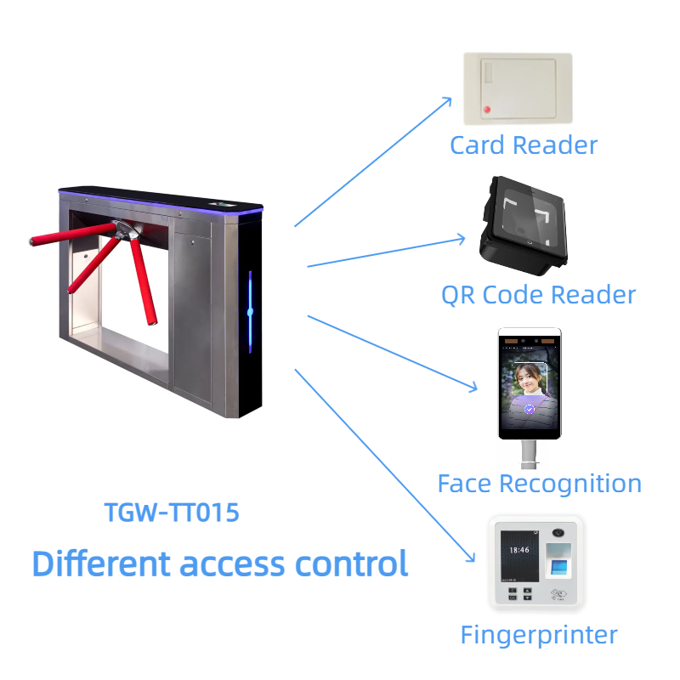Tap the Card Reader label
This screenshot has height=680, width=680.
(x=523, y=145)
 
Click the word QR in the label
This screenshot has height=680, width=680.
(x=458, y=295)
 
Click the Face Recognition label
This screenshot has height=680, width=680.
(x=539, y=484)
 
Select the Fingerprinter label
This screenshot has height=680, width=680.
(x=538, y=634)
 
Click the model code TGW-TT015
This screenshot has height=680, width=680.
(x=171, y=513)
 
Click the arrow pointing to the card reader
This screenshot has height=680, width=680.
(x=374, y=161)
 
